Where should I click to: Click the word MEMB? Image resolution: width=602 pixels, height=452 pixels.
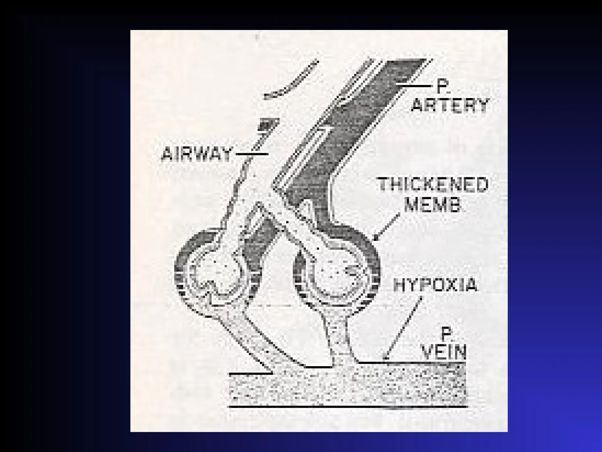[x=432, y=205]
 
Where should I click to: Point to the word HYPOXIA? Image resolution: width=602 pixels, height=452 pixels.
[x=435, y=285]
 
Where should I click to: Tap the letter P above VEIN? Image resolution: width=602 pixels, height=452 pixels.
[x=446, y=334]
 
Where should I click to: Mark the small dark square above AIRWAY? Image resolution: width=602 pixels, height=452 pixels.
[x=267, y=124]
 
